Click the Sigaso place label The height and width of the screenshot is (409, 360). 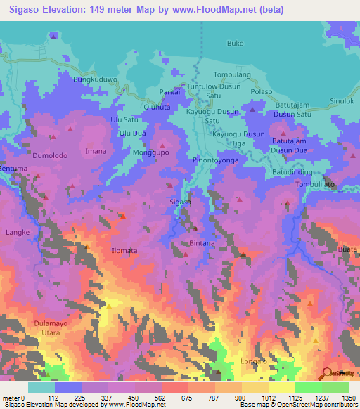pyautogui.click(x=181, y=202)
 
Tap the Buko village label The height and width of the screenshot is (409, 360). pyautogui.click(x=235, y=44)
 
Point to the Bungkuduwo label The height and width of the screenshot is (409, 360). pyautogui.click(x=95, y=80)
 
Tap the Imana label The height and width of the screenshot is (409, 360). pyautogui.click(x=96, y=151)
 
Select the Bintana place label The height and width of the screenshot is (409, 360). pyautogui.click(x=202, y=243)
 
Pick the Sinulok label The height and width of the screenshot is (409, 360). pyautogui.click(x=342, y=101)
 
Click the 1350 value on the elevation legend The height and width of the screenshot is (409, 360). pyautogui.click(x=348, y=397)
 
